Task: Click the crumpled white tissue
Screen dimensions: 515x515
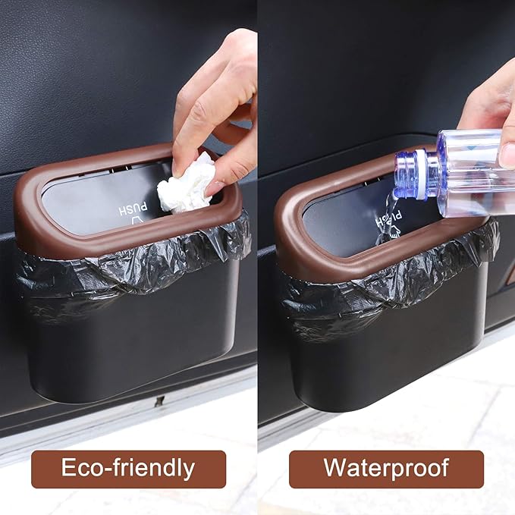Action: pyautogui.click(x=187, y=185)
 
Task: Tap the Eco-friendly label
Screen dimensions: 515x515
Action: pyautogui.click(x=128, y=468)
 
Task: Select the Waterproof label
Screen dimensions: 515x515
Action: pyautogui.click(x=386, y=468)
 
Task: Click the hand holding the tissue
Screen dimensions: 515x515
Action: pyautogui.click(x=216, y=106)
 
